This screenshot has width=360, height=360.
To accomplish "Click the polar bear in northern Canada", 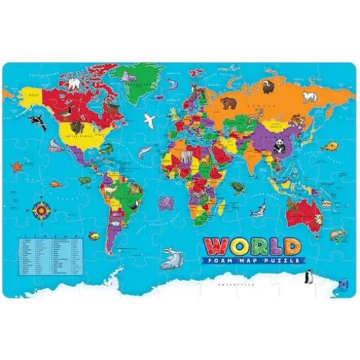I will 74,84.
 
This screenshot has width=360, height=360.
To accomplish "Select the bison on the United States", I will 77,128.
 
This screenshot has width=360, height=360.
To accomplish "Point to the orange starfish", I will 16,167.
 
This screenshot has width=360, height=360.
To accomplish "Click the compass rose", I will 41,211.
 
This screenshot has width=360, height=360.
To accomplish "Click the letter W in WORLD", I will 217,247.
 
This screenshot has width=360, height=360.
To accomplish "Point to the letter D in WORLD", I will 291,247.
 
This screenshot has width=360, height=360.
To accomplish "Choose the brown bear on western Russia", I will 228,103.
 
